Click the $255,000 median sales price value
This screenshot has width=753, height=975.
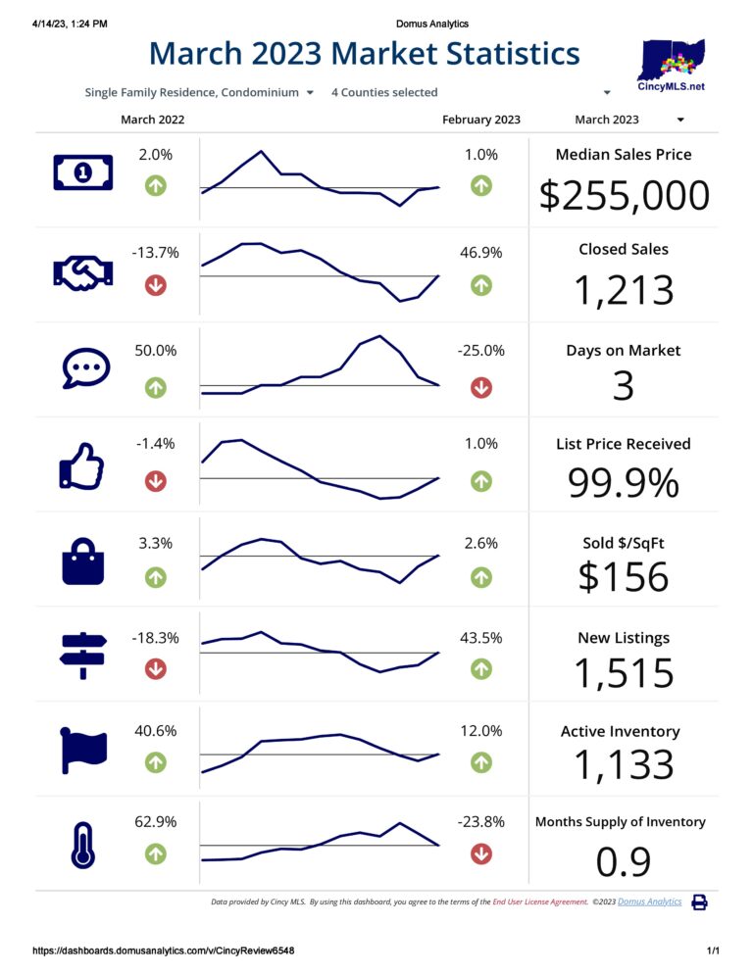(x=625, y=195)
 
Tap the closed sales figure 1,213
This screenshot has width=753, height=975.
(x=625, y=290)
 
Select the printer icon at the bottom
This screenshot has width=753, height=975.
(x=700, y=902)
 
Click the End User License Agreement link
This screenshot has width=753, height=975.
(x=539, y=902)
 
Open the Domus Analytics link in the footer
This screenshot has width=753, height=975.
(x=649, y=902)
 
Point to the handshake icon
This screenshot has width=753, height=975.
(x=82, y=272)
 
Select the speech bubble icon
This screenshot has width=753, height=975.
(x=82, y=368)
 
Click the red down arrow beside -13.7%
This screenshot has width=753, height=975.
(x=155, y=285)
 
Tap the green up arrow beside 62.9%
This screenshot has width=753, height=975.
(x=155, y=853)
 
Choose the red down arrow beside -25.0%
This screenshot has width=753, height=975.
(x=481, y=387)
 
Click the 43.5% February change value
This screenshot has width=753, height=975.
(x=481, y=638)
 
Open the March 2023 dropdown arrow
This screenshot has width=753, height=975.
(x=680, y=120)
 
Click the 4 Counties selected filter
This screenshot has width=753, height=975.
(x=384, y=92)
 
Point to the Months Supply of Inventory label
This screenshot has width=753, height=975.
(x=620, y=822)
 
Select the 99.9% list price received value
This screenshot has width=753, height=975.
(x=624, y=483)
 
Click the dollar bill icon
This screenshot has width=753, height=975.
(x=82, y=173)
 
